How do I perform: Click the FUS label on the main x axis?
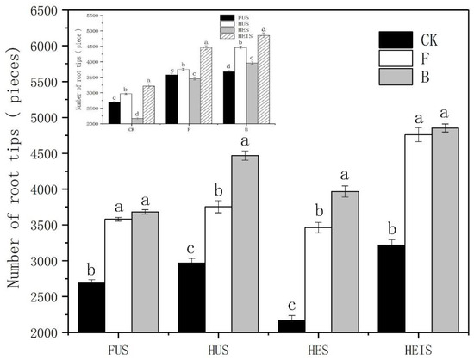(119, 349)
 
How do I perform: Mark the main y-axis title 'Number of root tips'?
(15, 172)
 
